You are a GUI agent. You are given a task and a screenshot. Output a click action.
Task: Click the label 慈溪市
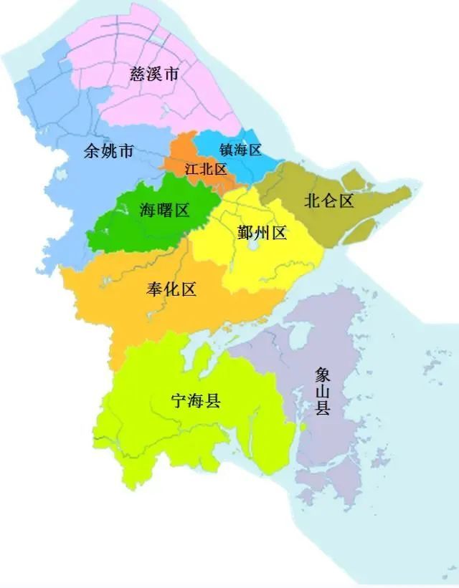point(154,73)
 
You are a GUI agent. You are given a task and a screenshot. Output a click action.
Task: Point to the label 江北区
point(205,169)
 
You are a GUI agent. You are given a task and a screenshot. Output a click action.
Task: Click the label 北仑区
point(329,201)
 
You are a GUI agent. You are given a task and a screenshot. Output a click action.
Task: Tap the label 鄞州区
point(262,232)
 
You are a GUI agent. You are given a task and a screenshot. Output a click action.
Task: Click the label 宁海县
point(196,401)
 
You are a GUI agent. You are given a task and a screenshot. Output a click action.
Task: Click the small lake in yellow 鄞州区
point(252,245)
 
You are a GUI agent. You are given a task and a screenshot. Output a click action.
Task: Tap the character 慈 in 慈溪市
point(138,73)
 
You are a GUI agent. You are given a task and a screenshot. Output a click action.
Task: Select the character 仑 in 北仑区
point(329,201)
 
